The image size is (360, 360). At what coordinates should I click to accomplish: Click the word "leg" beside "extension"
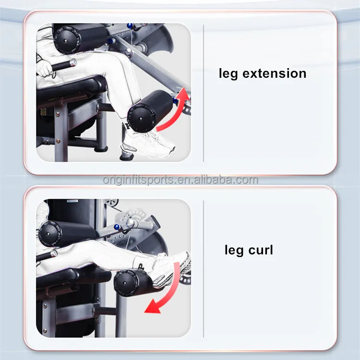(x=228, y=74)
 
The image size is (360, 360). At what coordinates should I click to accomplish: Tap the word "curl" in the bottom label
(x=261, y=250)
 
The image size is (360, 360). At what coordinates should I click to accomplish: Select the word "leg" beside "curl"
(x=234, y=251)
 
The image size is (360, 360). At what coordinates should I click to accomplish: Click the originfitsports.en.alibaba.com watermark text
(x=180, y=180)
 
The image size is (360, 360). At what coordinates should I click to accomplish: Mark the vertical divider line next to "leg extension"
(x=204, y=94)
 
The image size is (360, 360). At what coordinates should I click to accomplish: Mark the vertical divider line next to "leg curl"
(x=204, y=269)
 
